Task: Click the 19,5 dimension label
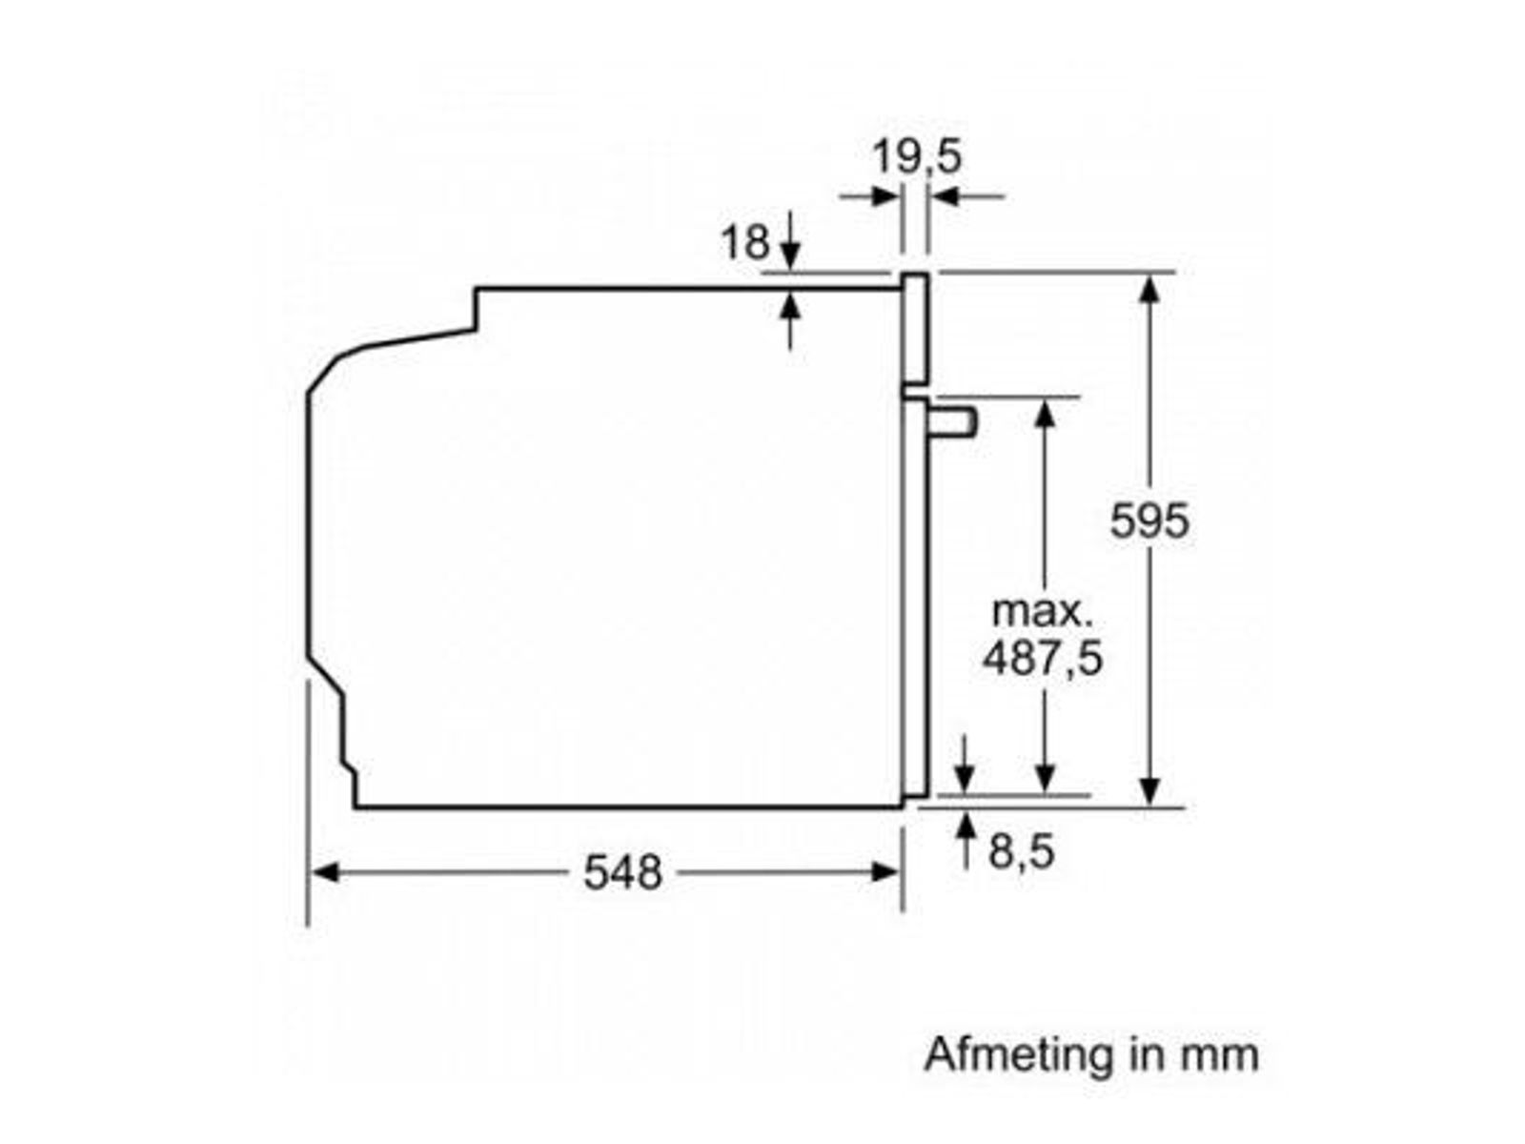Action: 916,156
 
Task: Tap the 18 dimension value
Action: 744,242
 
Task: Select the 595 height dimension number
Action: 1149,521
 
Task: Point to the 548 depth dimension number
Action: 621,872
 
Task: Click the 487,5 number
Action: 1042,658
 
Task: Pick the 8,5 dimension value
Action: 1021,852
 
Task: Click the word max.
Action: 1042,612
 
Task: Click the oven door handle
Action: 951,422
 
